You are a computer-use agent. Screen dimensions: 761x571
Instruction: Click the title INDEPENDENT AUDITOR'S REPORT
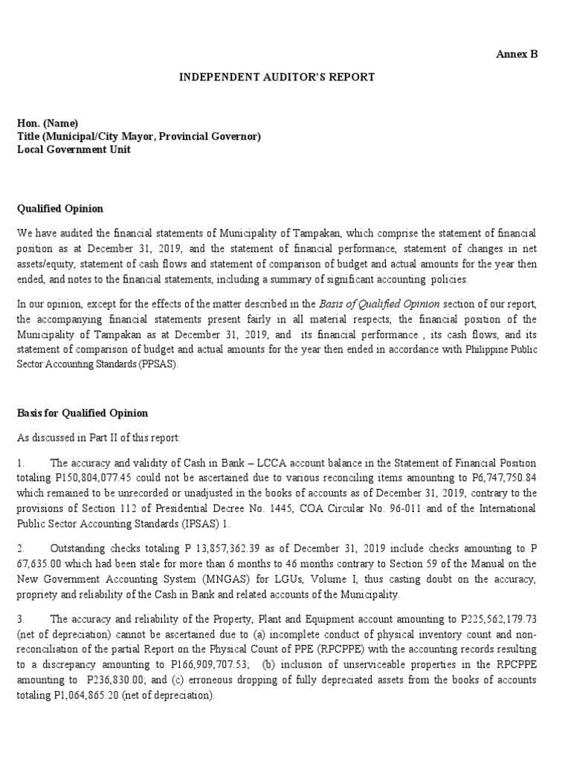tap(275, 77)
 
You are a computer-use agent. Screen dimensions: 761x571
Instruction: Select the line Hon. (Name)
tap(48, 123)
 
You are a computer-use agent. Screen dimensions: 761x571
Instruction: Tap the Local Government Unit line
tap(74, 149)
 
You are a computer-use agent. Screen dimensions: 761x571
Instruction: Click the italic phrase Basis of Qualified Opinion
tap(379, 304)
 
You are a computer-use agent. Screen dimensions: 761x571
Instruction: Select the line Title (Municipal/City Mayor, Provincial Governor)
tap(139, 136)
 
